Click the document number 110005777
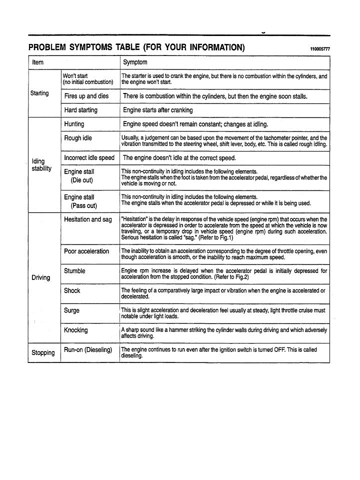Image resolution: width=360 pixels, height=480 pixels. click(320, 49)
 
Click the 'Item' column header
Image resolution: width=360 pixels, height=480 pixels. click(38, 62)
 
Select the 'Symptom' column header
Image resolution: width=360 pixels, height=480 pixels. click(135, 62)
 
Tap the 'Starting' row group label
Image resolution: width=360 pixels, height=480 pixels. click(40, 93)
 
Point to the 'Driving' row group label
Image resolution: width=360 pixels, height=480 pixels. click(41, 277)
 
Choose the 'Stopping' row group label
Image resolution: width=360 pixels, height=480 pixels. click(43, 352)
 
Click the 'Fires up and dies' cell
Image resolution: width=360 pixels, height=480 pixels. click(86, 96)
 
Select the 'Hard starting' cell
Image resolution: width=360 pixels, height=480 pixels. click(80, 110)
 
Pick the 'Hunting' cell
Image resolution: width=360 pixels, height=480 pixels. click(74, 124)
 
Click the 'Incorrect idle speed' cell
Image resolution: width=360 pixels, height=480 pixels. click(89, 157)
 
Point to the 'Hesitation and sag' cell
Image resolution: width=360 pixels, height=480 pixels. click(87, 219)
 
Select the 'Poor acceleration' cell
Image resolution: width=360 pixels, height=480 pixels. click(86, 251)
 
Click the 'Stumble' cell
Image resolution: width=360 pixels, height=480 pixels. click(74, 271)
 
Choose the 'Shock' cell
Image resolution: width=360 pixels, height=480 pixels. click(72, 290)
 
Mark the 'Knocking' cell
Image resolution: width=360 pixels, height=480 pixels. click(75, 330)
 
